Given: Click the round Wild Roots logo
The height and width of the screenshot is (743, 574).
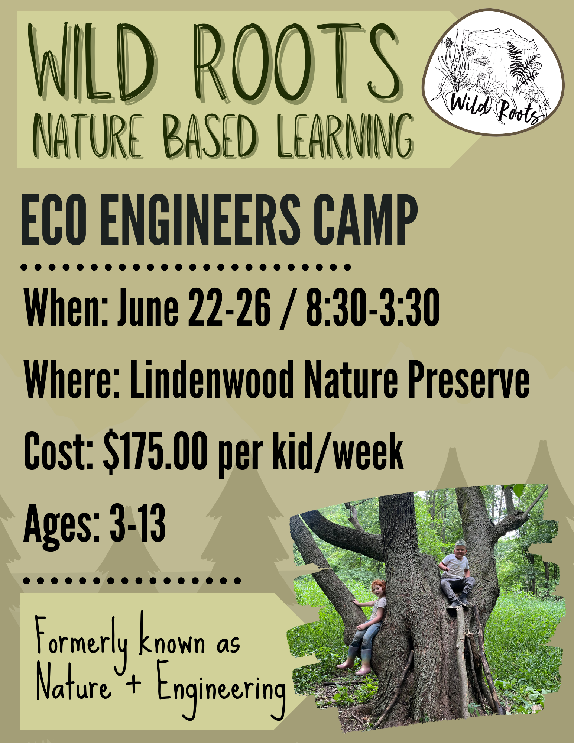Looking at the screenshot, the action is (x=493, y=72).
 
